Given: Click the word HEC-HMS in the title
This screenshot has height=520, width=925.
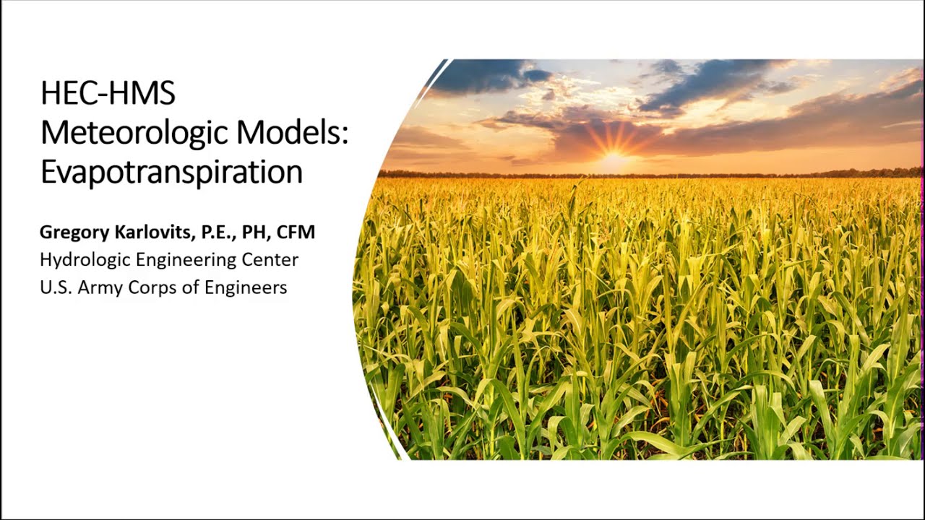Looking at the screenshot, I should point(108,94).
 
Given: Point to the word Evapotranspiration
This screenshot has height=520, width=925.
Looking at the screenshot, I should point(171,172).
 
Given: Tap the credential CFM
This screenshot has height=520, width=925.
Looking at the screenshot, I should point(296,233).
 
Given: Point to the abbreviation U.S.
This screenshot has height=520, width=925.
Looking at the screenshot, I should point(55,287).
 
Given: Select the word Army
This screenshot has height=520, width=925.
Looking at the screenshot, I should point(100,287).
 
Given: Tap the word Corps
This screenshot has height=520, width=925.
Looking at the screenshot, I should point(152,287).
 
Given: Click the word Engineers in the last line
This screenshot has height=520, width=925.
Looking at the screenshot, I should point(246,287).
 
